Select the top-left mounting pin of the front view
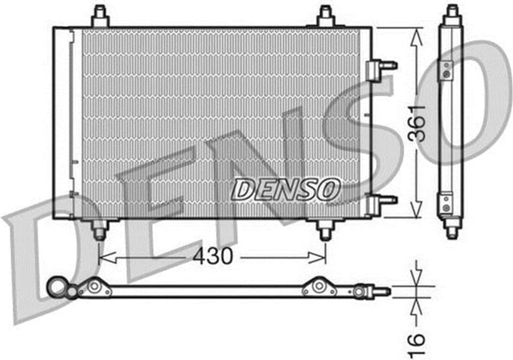100,16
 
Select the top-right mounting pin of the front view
326,16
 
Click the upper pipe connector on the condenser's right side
381,69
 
